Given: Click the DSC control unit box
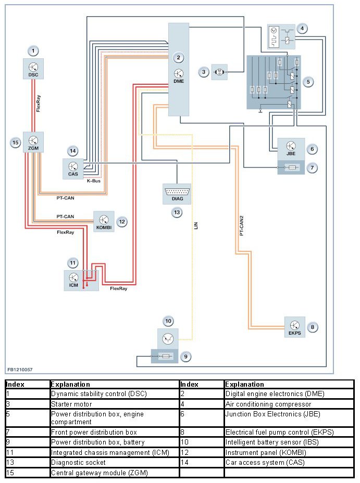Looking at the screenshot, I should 33,69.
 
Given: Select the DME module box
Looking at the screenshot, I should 178,69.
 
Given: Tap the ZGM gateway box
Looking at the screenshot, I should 33,142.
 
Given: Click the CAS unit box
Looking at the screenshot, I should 73,168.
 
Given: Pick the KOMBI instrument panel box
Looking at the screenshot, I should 104,221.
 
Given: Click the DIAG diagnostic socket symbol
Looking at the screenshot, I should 177,194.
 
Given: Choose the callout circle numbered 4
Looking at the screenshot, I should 303,29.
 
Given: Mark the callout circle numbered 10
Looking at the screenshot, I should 168,321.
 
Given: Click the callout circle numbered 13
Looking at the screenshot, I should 177,212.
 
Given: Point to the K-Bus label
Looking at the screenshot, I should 94,181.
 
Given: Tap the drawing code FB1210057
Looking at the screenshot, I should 20,369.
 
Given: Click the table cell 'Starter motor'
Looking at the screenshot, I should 71,404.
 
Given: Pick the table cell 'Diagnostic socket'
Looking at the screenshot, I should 78,462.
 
